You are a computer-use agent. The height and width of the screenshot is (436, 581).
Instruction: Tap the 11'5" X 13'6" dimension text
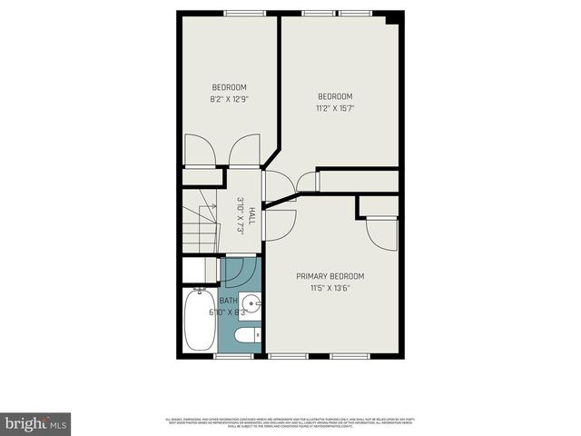click(x=330, y=288)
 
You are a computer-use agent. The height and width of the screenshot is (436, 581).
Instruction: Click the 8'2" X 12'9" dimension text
click(x=229, y=98)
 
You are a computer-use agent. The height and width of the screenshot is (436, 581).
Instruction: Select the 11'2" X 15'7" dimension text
click(x=335, y=107)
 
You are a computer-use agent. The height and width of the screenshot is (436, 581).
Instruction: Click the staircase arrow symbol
click(x=210, y=206)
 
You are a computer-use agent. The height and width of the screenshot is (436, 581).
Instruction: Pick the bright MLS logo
click(x=36, y=424)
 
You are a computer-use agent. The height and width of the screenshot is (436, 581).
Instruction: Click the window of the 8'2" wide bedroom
click(x=241, y=13)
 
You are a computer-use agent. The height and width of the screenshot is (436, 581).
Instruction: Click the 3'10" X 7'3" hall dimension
click(x=241, y=216)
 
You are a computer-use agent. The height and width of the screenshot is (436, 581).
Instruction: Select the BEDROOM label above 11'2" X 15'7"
click(x=335, y=96)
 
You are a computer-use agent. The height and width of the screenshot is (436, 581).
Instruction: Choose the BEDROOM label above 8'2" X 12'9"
click(x=229, y=87)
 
